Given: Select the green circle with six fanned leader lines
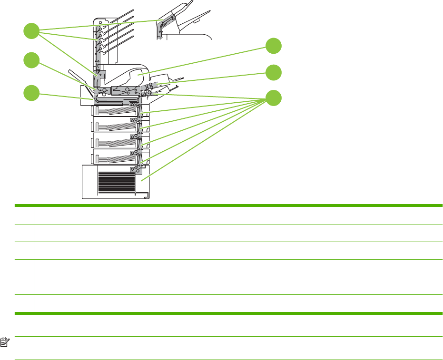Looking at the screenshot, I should tap(273, 98).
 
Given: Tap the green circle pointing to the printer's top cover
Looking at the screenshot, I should tap(273, 46).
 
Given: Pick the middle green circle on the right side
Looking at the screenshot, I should tap(273, 72).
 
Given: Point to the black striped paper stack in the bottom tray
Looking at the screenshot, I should tap(116, 182).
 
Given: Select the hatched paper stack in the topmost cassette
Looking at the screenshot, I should tap(117, 111).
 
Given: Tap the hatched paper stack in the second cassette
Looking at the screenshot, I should tap(117, 126).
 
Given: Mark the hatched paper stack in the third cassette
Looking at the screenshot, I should tap(117, 141).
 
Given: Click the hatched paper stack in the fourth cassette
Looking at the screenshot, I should tap(117, 156).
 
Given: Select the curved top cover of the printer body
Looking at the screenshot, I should tap(128, 71).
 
